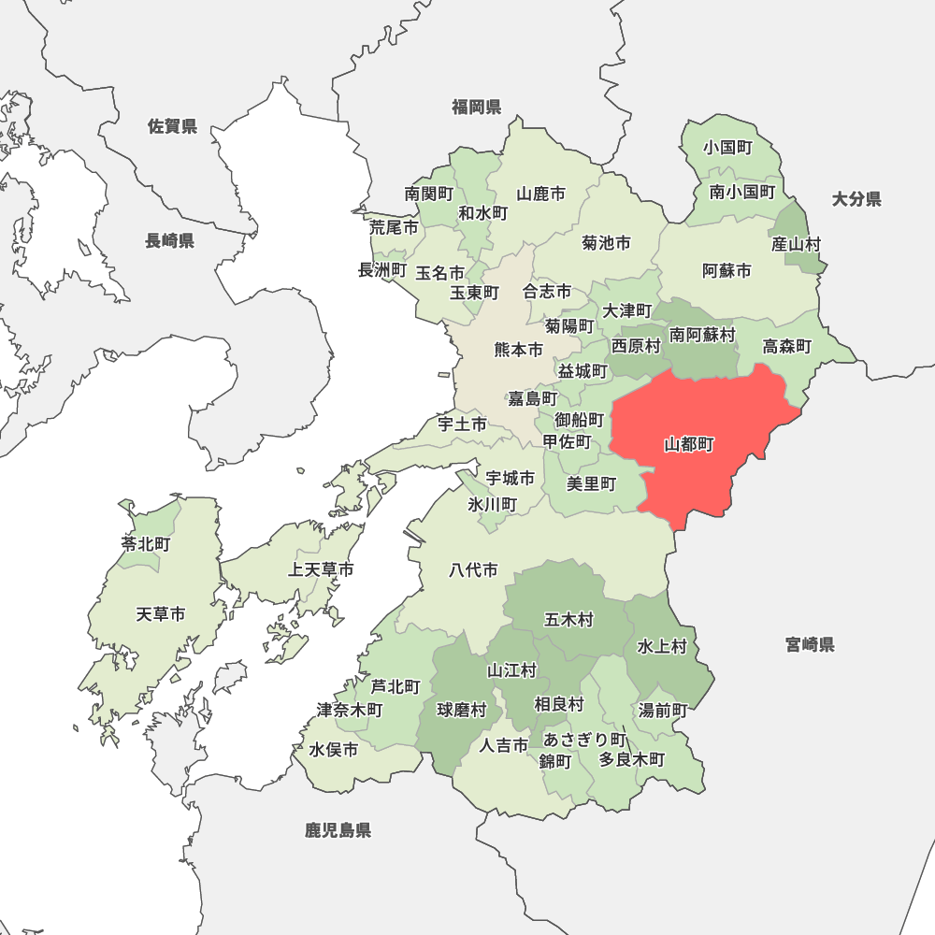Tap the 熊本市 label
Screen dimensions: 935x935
click(518, 350)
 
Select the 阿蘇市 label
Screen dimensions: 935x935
click(726, 271)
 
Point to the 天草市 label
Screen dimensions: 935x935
click(161, 614)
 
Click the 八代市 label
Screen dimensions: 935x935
click(473, 569)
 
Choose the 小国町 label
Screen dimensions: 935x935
click(729, 148)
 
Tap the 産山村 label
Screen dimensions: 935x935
click(797, 244)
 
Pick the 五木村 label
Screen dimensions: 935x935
click(568, 619)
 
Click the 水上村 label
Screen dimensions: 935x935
click(662, 646)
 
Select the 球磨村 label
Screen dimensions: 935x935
click(462, 710)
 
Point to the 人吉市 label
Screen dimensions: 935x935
click(504, 745)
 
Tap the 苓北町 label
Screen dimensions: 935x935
click(146, 543)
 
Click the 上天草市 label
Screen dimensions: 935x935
click(321, 569)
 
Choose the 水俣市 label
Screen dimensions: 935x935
click(334, 749)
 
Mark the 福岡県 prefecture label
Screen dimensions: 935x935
click(477, 107)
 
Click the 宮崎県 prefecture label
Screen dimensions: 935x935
click(810, 644)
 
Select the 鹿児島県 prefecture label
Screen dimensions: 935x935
click(338, 829)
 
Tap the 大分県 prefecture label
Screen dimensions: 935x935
click(856, 198)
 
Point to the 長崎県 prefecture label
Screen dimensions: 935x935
click(169, 240)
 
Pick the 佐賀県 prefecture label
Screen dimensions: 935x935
click(173, 126)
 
